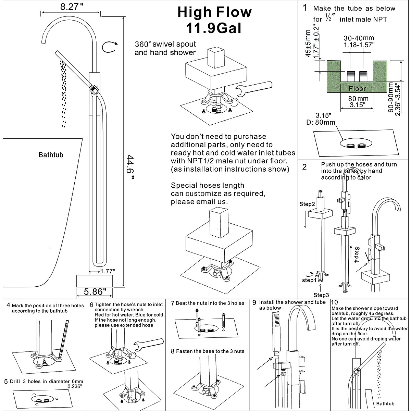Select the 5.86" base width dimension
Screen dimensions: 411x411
[93, 292]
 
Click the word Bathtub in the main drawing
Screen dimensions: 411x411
[51, 155]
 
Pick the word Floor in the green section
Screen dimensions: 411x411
[357, 89]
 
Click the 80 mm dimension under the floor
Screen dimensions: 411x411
[357, 99]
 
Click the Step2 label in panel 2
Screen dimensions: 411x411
[307, 204]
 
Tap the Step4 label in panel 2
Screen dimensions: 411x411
[357, 253]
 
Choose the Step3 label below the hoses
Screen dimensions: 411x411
[321, 295]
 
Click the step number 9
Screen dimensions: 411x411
[254, 302]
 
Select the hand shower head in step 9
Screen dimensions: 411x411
[277, 332]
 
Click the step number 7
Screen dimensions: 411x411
[173, 303]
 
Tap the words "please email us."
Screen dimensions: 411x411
[199, 202]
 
